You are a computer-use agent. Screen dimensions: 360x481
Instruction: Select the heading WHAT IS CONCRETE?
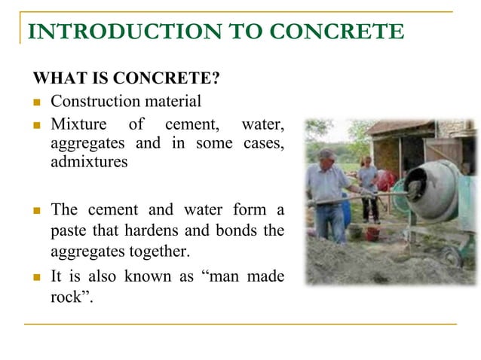coord(125,78)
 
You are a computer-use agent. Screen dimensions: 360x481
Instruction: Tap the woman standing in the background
coord(368,181)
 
